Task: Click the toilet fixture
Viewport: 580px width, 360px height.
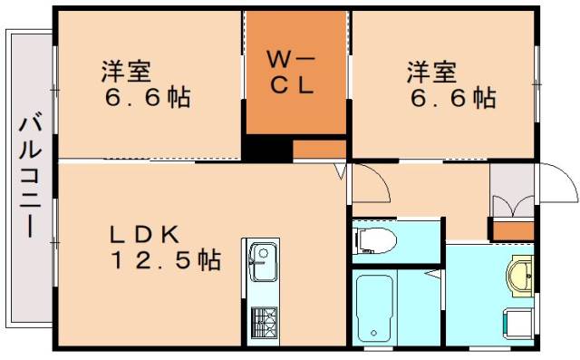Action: click(x=376, y=240)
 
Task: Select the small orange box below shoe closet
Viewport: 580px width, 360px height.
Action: click(x=511, y=229)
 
